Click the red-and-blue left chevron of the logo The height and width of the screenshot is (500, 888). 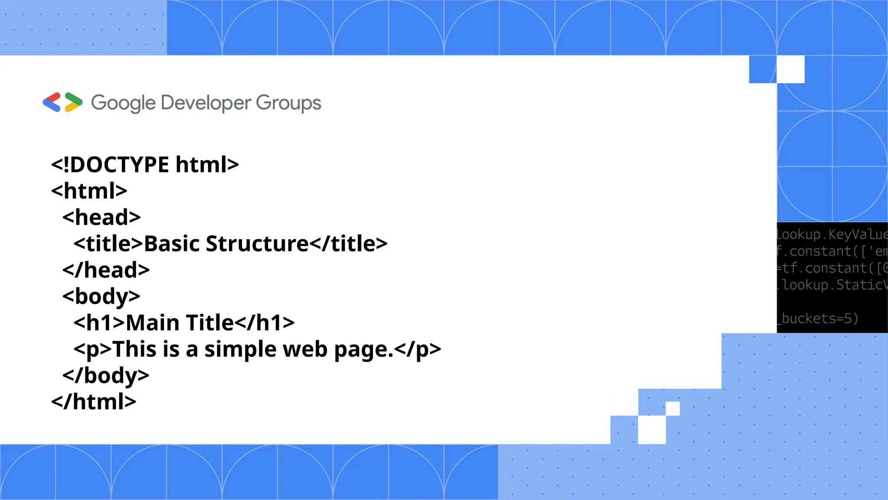tap(52, 102)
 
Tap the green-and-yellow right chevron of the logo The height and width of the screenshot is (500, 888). tap(73, 102)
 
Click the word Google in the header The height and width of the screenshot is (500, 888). tap(123, 103)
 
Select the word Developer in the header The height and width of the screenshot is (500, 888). tap(206, 103)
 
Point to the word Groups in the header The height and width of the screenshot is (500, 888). tap(288, 103)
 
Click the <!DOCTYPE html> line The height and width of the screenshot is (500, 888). tap(145, 164)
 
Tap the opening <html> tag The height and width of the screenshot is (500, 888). tap(89, 191)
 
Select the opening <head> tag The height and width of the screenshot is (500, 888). tap(101, 217)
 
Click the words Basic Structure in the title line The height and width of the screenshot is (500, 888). tap(226, 243)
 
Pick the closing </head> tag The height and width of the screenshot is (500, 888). tap(106, 270)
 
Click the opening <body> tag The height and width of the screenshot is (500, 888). tap(101, 296)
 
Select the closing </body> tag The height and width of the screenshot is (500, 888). tap(106, 375)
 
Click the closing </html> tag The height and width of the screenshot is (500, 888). tap(94, 402)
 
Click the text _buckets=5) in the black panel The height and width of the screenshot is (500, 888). tap(819, 319)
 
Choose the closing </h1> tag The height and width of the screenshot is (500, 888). tap(264, 323)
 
